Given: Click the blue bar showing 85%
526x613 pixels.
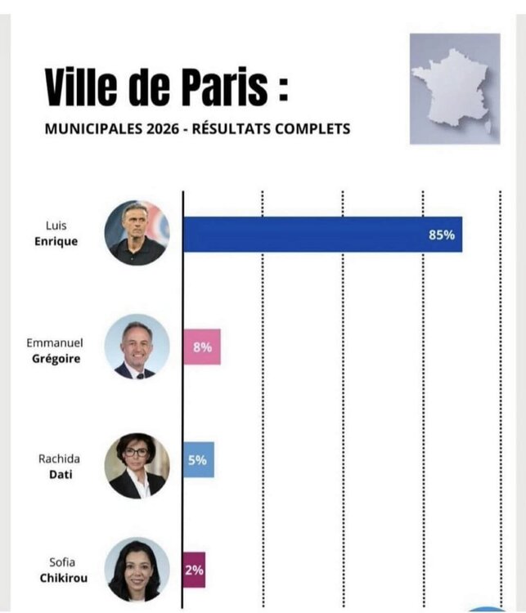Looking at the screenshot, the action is pos(323,235).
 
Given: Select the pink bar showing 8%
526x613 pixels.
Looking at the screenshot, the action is pos(202,347).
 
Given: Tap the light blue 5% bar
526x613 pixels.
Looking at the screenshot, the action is pos(199,459).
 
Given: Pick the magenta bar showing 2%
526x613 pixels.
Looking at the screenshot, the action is pos(194,570).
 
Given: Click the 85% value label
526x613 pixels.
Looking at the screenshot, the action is pos(442,235).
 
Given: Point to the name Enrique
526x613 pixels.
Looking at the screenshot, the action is pos(56,241).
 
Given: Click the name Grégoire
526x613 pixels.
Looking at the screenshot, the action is pos(56,359).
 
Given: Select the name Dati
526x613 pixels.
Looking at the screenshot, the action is pos(61,474).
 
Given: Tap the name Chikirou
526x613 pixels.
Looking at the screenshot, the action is pos(64,578).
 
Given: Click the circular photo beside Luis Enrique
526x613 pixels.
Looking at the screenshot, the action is pos(137,233).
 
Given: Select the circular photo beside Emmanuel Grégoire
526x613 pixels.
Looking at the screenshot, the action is pos(137,347).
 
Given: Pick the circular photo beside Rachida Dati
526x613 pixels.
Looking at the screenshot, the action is pos(137,466).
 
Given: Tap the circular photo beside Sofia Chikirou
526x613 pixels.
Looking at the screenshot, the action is pos(137,570).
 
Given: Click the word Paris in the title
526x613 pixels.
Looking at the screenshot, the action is pos(226,87).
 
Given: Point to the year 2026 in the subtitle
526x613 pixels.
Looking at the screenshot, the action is pos(163,128).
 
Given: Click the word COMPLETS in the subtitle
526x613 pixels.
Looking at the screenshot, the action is pos(312,128).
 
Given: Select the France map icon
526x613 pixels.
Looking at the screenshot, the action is pos(455,89).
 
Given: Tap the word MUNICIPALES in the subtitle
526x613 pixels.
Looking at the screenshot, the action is pos(93,128).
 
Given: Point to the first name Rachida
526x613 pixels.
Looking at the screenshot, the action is pos(59,459).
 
